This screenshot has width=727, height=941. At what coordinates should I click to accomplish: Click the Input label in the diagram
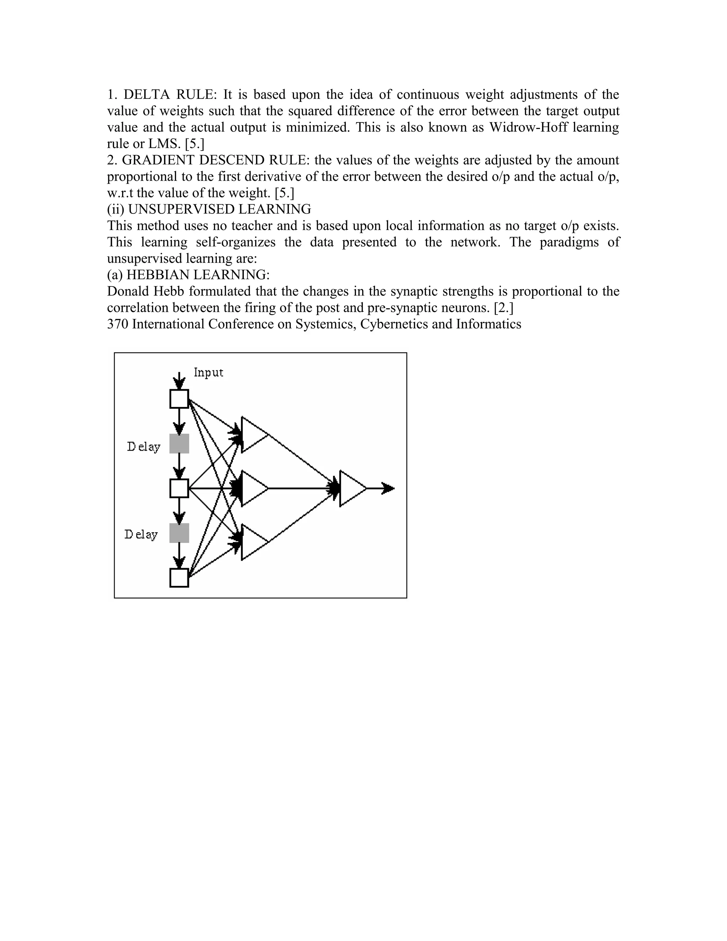pos(208,372)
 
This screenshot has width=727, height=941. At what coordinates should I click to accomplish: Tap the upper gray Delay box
pos(179,444)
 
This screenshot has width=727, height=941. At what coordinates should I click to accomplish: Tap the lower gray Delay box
pos(179,533)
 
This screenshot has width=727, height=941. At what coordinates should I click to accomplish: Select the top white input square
pos(179,398)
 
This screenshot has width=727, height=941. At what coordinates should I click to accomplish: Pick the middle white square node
pos(179,488)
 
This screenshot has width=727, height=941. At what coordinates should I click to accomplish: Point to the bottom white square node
pos(179,578)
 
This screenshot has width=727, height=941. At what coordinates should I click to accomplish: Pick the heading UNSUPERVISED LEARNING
pos(220,210)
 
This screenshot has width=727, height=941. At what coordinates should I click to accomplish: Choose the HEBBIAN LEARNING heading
pos(198,275)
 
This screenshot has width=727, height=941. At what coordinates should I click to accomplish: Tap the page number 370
pos(117,324)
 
